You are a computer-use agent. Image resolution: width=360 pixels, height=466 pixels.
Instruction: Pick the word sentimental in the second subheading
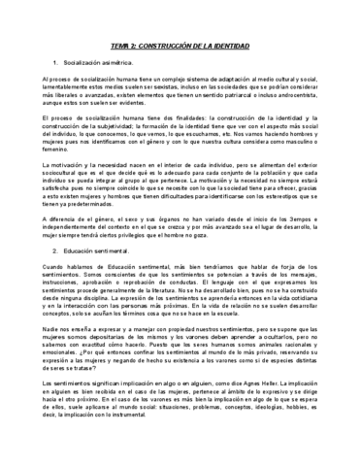(122, 250)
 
